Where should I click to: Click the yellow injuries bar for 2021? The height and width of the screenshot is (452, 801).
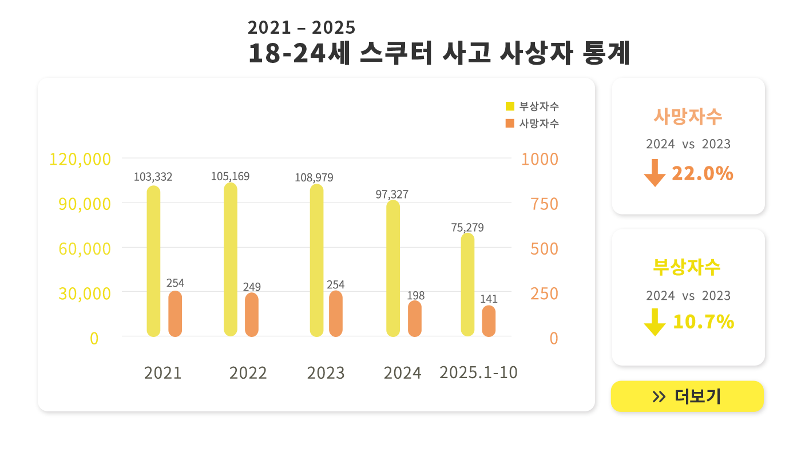[x=153, y=261]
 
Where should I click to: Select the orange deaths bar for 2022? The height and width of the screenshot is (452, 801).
[x=252, y=315]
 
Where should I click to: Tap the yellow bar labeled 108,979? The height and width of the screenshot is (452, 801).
[x=316, y=260]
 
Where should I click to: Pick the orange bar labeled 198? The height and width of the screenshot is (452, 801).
[x=415, y=319]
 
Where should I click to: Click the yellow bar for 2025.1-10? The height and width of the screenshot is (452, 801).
[x=467, y=284]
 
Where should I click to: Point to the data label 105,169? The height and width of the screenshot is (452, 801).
[x=230, y=176]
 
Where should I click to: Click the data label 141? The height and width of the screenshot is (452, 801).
[x=489, y=299]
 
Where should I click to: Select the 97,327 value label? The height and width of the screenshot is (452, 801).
[x=392, y=195]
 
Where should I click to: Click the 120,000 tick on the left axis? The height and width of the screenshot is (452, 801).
[x=80, y=159]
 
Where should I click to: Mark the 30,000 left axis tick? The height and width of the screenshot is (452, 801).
[x=84, y=294]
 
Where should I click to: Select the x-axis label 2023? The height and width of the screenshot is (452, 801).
[x=326, y=373]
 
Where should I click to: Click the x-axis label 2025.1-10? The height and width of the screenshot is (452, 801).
[x=478, y=372]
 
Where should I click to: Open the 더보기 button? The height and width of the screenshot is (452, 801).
[x=687, y=396]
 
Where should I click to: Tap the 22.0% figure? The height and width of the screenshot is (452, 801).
[x=702, y=173]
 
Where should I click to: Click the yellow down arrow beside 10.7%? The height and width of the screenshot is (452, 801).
[x=655, y=322]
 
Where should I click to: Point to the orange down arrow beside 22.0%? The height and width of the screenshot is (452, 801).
[x=655, y=173]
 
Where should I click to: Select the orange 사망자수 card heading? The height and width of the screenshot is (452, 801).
[x=688, y=116]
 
